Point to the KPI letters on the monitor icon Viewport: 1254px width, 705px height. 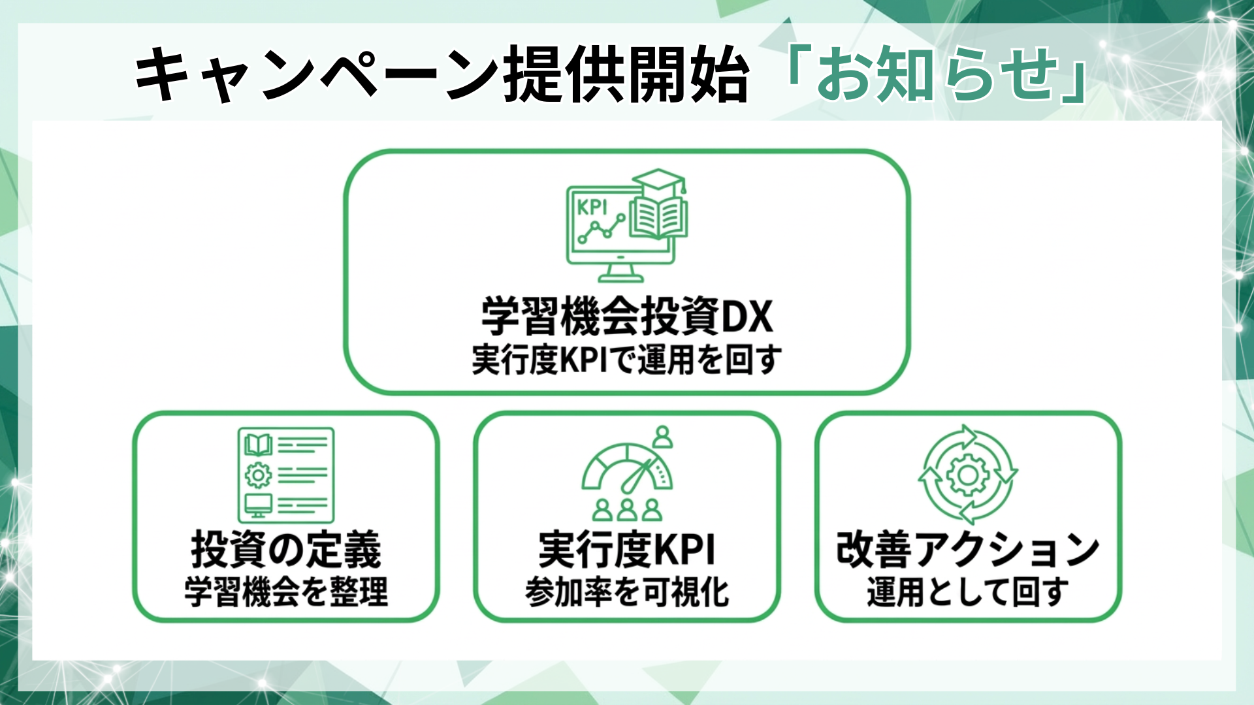tap(592, 208)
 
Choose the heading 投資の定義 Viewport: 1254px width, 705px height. tap(286, 550)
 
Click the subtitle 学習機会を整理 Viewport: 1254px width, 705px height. tap(286, 592)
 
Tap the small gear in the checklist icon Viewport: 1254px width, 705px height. tap(258, 475)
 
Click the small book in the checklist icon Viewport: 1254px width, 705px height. tap(258, 445)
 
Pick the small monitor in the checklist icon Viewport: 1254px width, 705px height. tap(258, 505)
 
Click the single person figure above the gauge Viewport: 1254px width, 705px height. tap(663, 436)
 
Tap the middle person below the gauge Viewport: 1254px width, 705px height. tap(627, 509)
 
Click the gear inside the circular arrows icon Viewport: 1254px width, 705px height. tap(968, 475)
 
